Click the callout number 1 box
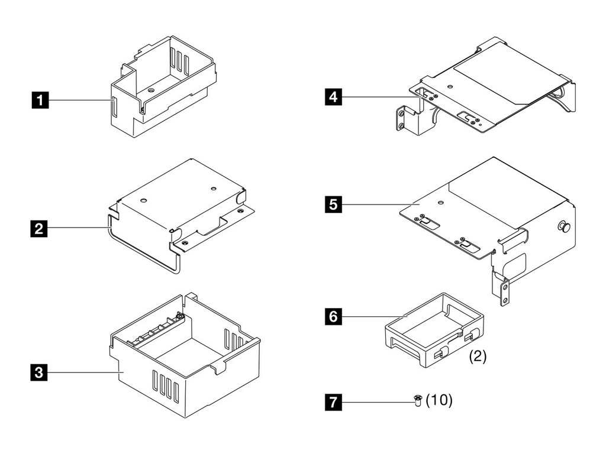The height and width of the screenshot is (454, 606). (x=40, y=101)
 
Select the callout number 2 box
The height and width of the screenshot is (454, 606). (x=39, y=228)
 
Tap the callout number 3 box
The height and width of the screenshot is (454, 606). (x=39, y=372)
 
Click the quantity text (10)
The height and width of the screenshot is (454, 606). (x=439, y=400)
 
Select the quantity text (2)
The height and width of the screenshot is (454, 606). (x=478, y=357)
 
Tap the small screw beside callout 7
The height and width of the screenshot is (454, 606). (x=418, y=401)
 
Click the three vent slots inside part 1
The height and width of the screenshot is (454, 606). (x=180, y=59)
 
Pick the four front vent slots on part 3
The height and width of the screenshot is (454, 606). (x=166, y=388)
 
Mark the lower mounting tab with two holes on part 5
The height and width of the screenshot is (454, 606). (x=504, y=291)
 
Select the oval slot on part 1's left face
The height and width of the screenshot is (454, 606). (x=113, y=108)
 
